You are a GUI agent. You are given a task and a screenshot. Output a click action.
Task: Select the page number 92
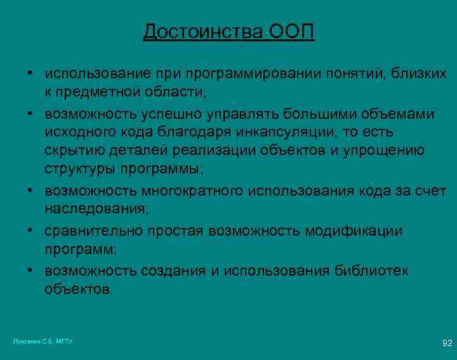pos(447,343)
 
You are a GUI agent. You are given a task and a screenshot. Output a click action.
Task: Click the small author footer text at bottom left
pos(44,342)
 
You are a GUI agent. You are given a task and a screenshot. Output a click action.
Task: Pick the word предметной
pos(102,92)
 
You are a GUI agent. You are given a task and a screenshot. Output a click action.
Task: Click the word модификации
pos(354,231)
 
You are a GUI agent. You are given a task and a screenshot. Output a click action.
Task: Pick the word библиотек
pos(370,271)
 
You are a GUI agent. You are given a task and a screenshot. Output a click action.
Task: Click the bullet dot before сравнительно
pos(30,231)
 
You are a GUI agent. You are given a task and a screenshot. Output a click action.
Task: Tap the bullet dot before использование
pos(30,74)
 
